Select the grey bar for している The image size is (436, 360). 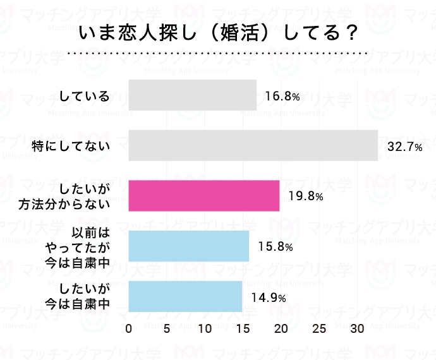click(193, 95)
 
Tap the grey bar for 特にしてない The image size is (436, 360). click(253, 145)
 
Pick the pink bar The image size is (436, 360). click(204, 196)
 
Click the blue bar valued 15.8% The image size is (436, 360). click(189, 246)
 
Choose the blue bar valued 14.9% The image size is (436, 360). click(185, 296)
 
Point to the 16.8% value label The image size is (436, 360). click(282, 97)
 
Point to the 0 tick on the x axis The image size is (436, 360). click(129, 329)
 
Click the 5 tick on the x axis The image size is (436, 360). click(167, 329)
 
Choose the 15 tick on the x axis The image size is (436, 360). click(243, 329)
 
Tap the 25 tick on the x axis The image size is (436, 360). click(320, 329)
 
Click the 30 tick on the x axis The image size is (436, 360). click(358, 329)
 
